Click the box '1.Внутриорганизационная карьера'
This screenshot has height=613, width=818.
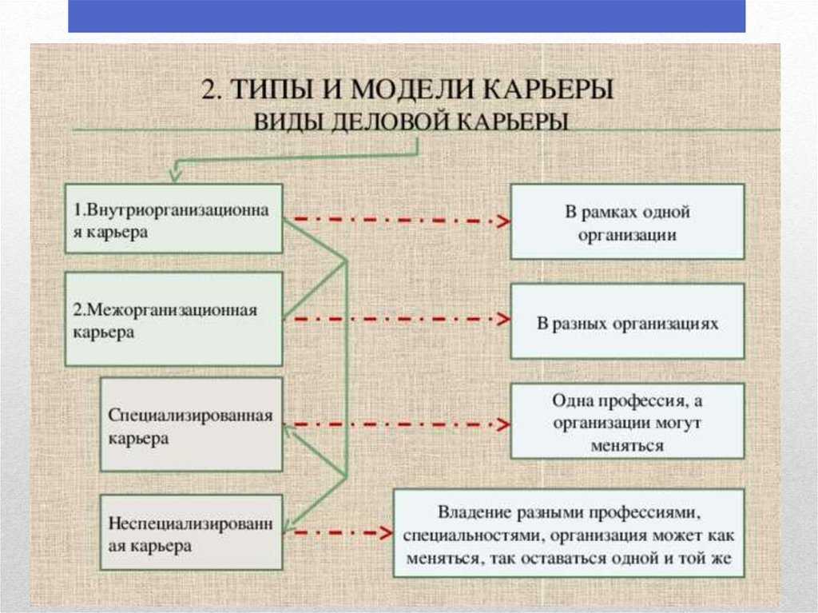173,219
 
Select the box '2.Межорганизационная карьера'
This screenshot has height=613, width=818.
173,319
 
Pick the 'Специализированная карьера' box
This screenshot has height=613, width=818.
192,424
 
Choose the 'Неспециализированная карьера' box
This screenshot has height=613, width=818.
192,532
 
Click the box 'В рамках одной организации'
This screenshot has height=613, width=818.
627,221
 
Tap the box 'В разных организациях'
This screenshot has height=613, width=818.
627,321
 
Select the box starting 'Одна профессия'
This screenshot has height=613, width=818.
627,421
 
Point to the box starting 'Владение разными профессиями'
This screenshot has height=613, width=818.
569,533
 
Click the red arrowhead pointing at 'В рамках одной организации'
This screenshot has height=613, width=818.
503,221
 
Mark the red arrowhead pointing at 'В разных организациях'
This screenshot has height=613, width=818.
503,319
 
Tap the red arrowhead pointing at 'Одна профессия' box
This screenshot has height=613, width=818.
503,424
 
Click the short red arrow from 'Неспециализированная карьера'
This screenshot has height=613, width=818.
343,533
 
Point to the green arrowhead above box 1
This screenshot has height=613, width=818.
176,173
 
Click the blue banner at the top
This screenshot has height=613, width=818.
407,16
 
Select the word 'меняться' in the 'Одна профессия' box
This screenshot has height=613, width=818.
627,446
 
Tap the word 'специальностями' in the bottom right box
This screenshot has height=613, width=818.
473,536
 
